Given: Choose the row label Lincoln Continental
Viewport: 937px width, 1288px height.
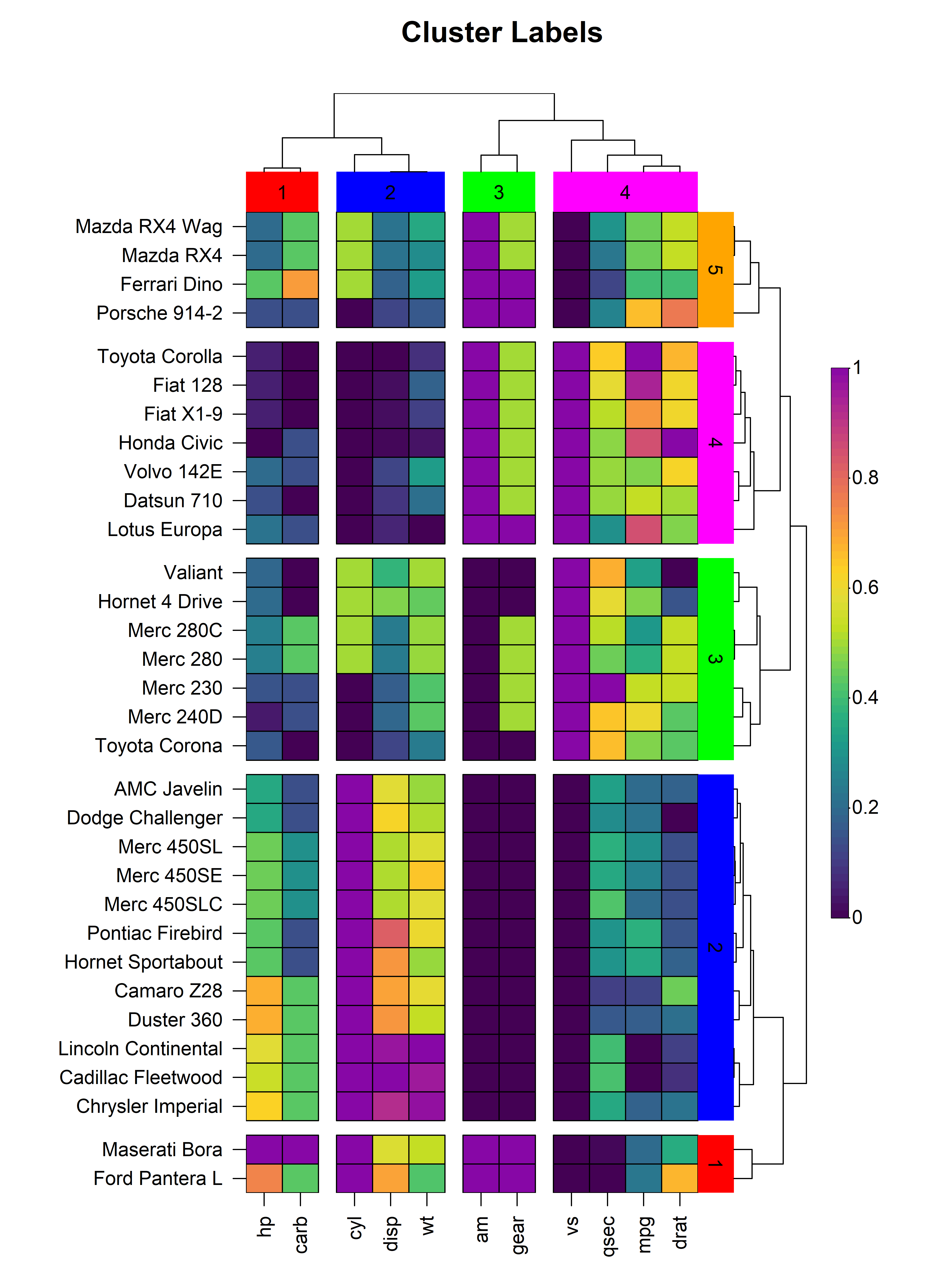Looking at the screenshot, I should [140, 1048].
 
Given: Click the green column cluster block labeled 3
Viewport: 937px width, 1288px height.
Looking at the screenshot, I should [499, 192].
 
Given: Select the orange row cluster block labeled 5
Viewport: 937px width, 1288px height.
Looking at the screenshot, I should [715, 270].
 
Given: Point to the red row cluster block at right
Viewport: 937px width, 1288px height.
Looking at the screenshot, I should [715, 1164].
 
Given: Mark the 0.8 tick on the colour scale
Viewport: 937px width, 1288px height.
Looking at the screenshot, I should [865, 477].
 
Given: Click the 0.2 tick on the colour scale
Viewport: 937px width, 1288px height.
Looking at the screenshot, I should [865, 807].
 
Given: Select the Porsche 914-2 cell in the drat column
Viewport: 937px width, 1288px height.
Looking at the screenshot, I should [680, 313].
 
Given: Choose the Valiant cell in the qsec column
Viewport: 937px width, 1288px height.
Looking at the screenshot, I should [607, 572].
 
